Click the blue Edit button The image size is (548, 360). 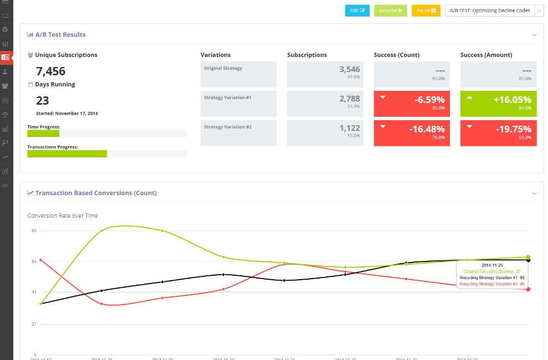point(357,11)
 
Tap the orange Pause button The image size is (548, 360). point(426,11)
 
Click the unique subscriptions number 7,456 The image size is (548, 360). point(50,71)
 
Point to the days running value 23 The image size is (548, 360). point(43,101)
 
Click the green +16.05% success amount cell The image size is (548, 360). point(498,104)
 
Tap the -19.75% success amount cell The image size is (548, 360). point(498,133)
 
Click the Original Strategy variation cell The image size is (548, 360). point(238,74)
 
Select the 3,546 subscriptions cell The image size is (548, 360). point(325,74)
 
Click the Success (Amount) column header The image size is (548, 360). point(486,55)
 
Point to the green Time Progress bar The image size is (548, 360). point(43,133)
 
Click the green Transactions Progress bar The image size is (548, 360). point(67,153)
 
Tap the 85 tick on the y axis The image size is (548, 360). point(34,230)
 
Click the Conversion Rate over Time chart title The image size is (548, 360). point(63,215)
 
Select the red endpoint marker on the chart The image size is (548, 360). point(528,289)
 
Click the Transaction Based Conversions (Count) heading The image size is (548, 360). point(96,193)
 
